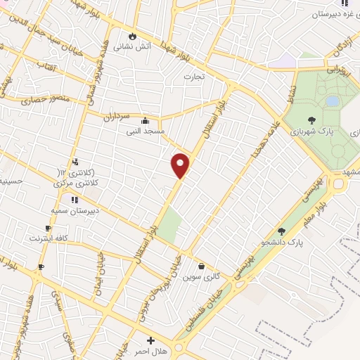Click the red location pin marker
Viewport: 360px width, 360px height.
(x=181, y=165)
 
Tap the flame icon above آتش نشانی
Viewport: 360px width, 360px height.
(x=131, y=36)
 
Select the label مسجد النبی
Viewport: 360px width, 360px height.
(x=145, y=131)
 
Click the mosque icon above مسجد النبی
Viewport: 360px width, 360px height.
(x=145, y=120)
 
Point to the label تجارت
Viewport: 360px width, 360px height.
(x=193, y=76)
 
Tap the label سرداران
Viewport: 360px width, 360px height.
(x=117, y=115)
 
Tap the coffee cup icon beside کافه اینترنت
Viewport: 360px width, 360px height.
(x=48, y=229)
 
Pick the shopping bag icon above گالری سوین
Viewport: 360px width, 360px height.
(x=202, y=266)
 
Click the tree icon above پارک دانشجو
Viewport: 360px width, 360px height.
(x=282, y=231)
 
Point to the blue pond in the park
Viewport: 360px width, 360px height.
(x=332, y=101)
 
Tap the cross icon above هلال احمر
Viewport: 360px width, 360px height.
(x=150, y=340)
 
